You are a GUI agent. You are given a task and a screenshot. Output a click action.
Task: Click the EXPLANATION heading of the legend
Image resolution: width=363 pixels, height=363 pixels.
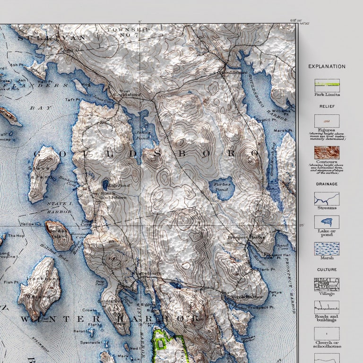[327, 67]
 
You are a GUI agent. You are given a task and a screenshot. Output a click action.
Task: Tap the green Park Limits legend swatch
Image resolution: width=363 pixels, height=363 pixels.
[327, 85]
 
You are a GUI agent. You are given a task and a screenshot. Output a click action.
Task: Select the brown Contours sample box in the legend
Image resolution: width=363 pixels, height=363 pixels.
[327, 152]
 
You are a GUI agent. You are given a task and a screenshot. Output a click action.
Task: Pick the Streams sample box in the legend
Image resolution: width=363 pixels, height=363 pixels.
[327, 198]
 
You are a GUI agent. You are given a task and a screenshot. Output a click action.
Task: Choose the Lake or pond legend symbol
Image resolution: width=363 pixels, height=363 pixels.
[327, 222]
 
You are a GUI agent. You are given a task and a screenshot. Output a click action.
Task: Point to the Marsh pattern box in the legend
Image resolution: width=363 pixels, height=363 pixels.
[327, 249]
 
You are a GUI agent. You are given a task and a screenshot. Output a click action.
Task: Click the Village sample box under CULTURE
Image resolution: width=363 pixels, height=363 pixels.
[327, 284]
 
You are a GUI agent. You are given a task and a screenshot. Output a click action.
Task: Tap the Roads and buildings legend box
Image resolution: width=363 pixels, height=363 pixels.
[327, 308]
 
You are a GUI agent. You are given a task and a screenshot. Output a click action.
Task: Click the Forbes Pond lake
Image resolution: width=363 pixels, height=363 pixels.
[222, 190]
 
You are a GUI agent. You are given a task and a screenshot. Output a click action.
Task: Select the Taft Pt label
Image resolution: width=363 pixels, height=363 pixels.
[72, 100]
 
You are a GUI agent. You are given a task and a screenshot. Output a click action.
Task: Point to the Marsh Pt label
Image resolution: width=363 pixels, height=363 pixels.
[280, 130]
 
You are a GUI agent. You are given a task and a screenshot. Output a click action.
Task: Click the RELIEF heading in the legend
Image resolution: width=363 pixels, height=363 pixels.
[327, 107]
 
